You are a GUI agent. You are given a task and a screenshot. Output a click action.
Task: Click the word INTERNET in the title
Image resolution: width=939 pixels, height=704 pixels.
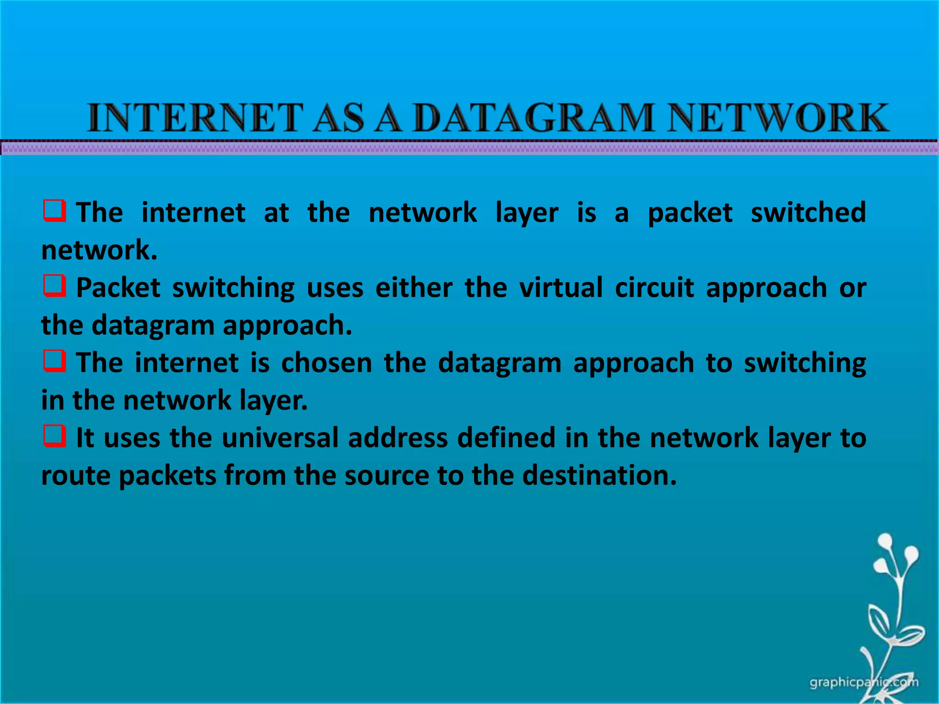(x=195, y=118)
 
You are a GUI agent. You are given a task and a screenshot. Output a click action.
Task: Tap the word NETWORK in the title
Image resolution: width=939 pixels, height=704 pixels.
(x=778, y=118)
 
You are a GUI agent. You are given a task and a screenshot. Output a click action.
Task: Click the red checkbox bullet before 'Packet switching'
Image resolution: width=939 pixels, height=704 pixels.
(x=55, y=286)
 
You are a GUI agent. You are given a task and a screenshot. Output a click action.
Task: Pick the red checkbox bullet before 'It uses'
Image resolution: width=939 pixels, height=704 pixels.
(x=55, y=436)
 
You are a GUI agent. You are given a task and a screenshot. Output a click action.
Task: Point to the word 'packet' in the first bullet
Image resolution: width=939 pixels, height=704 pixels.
(x=690, y=213)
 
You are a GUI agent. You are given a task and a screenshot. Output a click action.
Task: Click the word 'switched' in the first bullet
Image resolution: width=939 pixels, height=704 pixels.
(x=808, y=212)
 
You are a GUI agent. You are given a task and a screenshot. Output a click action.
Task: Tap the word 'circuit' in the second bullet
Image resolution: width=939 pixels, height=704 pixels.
(x=654, y=288)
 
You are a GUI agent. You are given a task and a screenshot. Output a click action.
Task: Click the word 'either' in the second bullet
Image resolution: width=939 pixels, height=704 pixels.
(x=414, y=288)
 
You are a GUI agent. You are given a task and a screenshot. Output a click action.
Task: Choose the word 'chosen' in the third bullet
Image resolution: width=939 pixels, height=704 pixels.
(x=326, y=363)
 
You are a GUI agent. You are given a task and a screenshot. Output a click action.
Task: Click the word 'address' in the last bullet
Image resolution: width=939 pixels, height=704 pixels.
(x=398, y=438)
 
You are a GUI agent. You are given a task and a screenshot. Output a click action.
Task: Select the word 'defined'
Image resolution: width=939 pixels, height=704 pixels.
(x=506, y=438)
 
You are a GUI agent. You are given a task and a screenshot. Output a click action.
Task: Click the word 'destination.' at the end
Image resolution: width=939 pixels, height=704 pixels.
(x=600, y=475)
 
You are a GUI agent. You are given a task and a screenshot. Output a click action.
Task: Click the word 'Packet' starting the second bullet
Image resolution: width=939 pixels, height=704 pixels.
(x=118, y=288)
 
